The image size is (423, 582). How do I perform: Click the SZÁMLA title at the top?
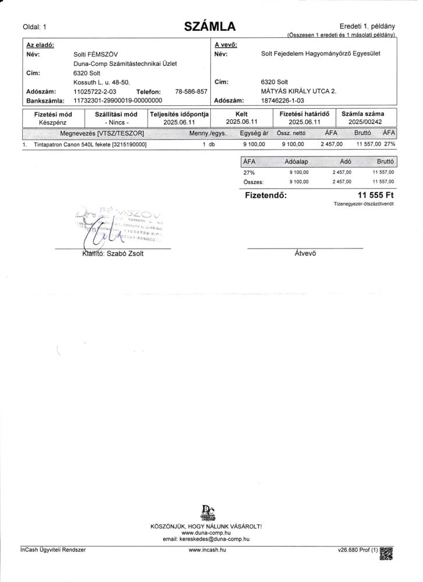(210, 26)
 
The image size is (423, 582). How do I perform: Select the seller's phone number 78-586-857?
(191, 92)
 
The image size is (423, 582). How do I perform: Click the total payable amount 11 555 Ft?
(375, 196)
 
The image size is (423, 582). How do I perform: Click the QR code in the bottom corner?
(386, 553)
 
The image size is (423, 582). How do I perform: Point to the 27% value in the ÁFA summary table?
(249, 172)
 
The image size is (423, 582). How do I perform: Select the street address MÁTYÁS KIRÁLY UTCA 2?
(299, 91)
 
